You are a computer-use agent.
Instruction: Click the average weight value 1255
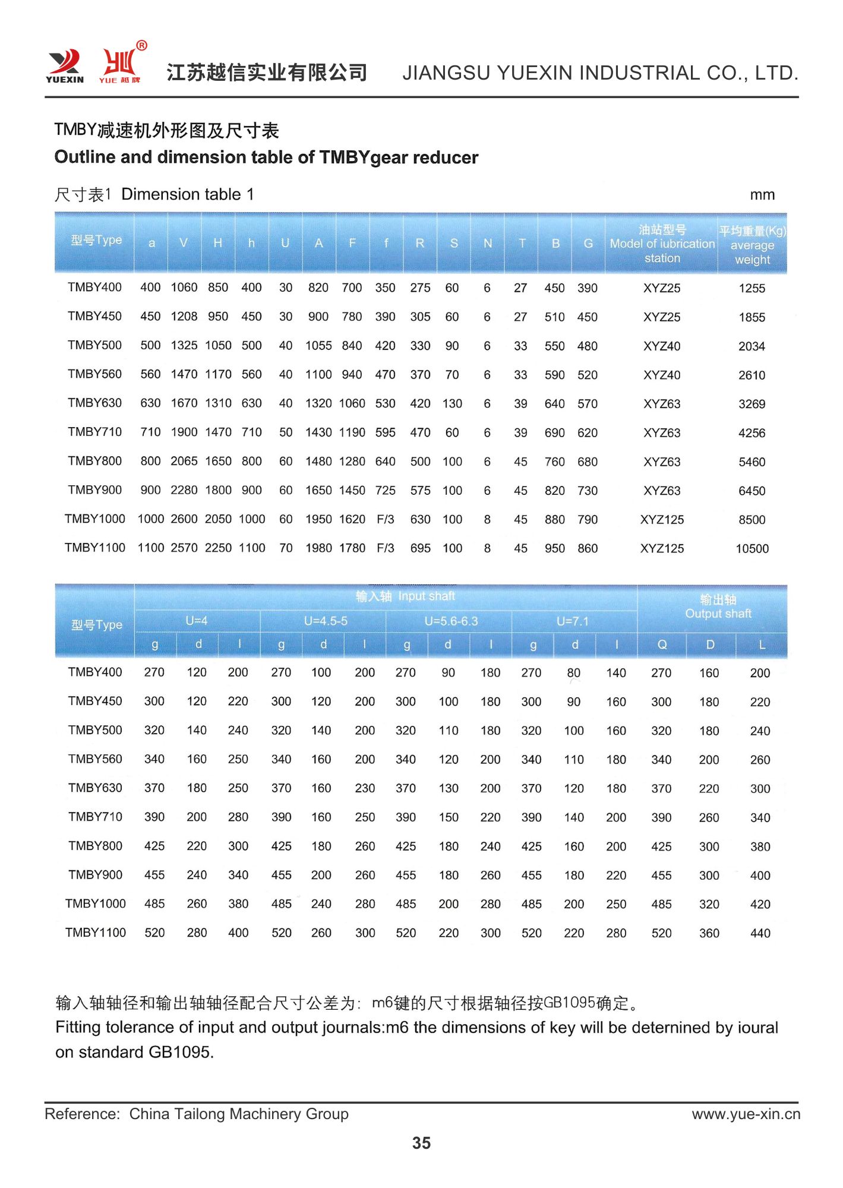point(752,289)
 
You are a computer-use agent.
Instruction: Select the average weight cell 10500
point(752,549)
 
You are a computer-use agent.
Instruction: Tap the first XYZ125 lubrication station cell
point(662,520)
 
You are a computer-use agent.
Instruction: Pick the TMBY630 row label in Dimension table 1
point(94,403)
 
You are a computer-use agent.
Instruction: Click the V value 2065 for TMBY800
point(184,462)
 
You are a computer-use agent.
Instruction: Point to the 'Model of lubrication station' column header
point(662,244)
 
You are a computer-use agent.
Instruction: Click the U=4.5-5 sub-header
point(325,621)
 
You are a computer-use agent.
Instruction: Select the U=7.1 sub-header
point(572,621)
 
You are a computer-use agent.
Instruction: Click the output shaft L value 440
point(760,933)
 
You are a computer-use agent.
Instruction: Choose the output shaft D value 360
point(709,933)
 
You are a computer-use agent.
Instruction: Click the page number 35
point(421,1143)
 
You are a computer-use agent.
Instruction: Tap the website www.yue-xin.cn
point(746,1114)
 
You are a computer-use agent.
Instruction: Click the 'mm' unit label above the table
point(762,195)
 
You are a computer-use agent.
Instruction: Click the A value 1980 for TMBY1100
point(318,548)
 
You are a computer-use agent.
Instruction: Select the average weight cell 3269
point(752,405)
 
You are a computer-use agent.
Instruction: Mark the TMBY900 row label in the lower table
point(95,875)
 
